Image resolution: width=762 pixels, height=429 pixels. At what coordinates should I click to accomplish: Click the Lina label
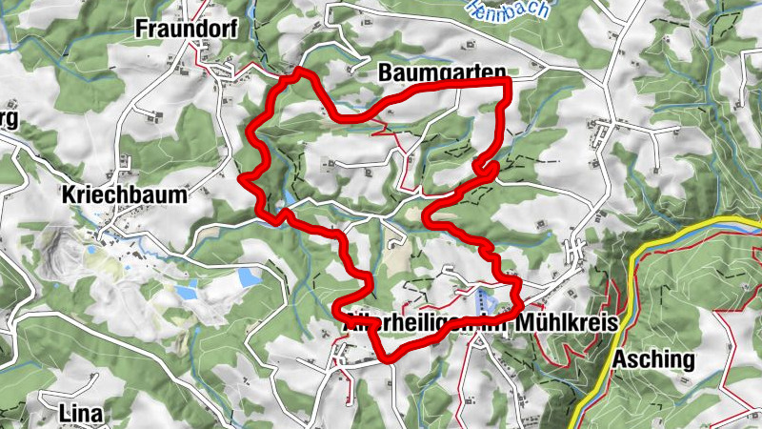pos(80,414)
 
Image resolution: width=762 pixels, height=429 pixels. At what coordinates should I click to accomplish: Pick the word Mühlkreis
pos(567,323)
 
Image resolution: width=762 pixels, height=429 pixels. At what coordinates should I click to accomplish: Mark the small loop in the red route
pos(488,170)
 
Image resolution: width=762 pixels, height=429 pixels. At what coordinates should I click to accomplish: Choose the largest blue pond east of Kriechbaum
pos(249,276)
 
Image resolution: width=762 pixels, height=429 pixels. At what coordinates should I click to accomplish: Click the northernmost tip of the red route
pos(302,71)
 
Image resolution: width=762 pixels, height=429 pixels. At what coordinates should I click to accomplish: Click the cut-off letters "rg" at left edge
pos(9,118)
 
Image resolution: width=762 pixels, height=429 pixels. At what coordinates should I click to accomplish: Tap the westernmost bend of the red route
pos(242,175)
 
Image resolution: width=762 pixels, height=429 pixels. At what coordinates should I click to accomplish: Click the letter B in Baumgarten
pos(385,72)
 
